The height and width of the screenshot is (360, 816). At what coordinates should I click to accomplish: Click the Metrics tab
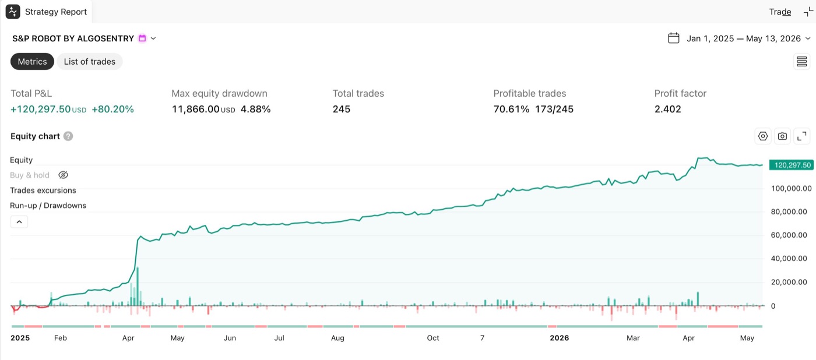(32, 62)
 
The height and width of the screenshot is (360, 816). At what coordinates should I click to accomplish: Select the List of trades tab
(90, 62)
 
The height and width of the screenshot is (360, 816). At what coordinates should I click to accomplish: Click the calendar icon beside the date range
(674, 38)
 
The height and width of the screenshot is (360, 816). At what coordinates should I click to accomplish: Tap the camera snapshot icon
(782, 136)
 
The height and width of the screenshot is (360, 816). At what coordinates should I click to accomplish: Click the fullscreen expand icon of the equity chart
(802, 136)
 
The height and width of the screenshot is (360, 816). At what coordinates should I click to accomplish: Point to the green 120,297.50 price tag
(792, 165)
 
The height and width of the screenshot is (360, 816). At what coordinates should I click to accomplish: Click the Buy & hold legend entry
(30, 175)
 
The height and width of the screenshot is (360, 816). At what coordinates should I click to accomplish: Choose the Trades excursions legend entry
(43, 190)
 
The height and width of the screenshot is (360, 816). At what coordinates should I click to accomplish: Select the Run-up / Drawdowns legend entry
(48, 205)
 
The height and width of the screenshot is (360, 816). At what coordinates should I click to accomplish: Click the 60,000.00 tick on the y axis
(789, 235)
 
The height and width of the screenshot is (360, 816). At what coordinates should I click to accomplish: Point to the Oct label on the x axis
(432, 338)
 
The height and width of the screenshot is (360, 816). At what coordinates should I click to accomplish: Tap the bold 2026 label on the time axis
(559, 338)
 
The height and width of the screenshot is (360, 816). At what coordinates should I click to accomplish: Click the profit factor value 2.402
(667, 109)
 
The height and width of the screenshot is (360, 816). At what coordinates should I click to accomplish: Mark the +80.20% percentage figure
(112, 109)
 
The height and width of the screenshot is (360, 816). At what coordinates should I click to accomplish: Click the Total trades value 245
(342, 109)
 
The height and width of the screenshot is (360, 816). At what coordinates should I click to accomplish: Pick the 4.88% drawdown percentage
(255, 109)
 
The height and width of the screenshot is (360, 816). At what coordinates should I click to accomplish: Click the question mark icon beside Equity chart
(68, 136)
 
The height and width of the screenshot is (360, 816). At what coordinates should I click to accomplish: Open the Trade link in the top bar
(780, 12)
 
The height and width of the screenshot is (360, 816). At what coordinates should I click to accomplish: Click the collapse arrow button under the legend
(19, 222)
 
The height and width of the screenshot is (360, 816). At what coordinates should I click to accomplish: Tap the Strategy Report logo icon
(13, 12)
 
